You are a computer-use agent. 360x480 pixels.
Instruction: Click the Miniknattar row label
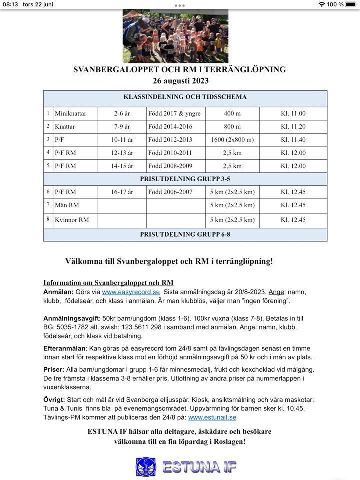point(70,114)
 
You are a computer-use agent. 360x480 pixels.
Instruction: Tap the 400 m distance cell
point(232,114)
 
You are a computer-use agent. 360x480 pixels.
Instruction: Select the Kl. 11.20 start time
point(293,127)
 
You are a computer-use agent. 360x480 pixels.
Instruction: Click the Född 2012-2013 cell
point(170,140)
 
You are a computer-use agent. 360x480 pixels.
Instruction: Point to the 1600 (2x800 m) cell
point(232,140)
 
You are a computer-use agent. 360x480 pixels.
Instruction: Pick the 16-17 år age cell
point(122,192)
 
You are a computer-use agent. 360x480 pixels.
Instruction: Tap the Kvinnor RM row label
point(72,220)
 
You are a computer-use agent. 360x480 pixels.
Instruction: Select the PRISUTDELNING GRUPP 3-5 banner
point(185,179)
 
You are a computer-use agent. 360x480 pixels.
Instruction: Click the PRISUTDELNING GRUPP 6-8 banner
point(185,234)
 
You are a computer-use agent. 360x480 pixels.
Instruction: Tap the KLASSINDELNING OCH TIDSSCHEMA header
point(185,97)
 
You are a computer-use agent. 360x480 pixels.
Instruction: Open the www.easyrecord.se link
point(131,292)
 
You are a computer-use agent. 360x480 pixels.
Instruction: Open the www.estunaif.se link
point(212,417)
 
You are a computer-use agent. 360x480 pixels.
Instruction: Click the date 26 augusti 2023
point(180,81)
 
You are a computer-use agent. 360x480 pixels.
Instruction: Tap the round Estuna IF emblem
point(146,467)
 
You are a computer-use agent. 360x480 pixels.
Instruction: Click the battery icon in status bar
point(351,4)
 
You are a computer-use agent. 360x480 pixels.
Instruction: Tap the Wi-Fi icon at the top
point(321,4)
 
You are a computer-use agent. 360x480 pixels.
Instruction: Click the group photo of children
point(175,36)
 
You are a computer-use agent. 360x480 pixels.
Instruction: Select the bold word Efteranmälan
point(64,349)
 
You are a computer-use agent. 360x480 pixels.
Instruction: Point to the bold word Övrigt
point(54,400)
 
